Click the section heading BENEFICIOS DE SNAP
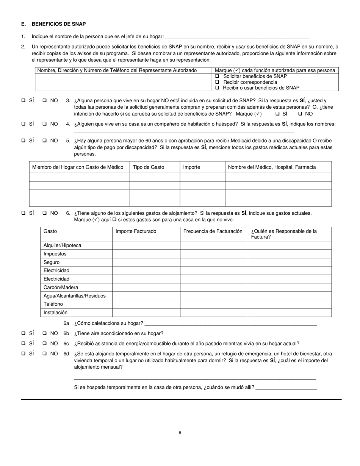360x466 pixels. (x=59, y=24)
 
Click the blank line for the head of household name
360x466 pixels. (x=237, y=37)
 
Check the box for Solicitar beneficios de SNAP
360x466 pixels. (x=218, y=76)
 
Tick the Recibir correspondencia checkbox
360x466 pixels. (x=218, y=82)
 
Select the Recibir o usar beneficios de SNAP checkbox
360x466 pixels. (x=218, y=88)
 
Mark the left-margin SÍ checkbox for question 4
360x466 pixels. (x=23, y=124)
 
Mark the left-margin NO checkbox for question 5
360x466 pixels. (x=45, y=141)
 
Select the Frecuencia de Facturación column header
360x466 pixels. (x=213, y=231)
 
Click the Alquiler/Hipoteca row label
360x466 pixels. (x=62, y=246)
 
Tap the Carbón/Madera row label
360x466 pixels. (x=61, y=287)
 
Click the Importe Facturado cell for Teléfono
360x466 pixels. (x=146, y=304)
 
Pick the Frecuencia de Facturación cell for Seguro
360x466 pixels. (x=214, y=262)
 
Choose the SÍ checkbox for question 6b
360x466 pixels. (x=23, y=333)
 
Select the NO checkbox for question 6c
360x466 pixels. (x=45, y=344)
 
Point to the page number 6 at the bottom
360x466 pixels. (x=180, y=433)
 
